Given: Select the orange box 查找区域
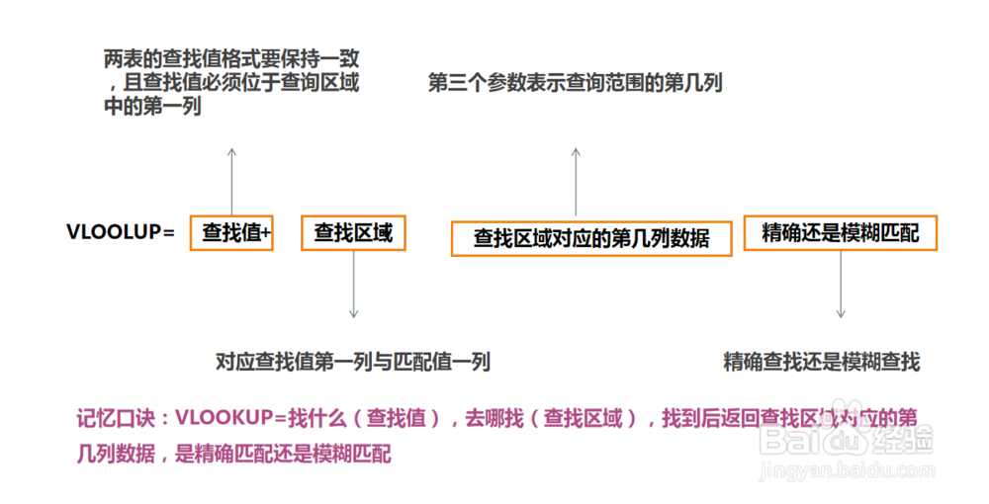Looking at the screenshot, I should click(x=353, y=234).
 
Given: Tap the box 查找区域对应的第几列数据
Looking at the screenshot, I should click(x=591, y=238).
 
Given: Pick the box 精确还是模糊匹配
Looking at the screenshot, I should click(x=840, y=234).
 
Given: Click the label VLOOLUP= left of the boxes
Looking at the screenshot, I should click(x=121, y=233).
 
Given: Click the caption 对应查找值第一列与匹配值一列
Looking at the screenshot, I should click(x=352, y=363).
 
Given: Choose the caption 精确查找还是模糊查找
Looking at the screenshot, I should click(x=822, y=363).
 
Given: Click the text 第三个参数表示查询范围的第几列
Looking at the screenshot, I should click(x=576, y=84).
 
